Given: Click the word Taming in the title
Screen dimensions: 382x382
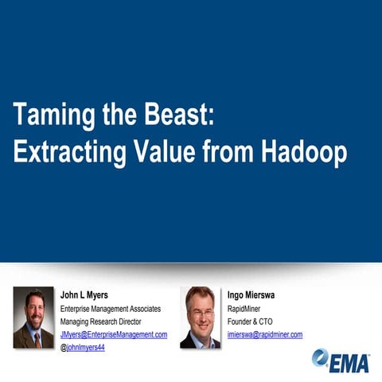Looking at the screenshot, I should [49, 116].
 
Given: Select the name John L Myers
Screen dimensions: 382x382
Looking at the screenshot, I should [84, 294].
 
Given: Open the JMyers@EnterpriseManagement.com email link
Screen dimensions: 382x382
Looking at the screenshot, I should [114, 335].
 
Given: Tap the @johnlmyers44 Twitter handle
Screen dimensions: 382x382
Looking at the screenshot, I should [83, 348].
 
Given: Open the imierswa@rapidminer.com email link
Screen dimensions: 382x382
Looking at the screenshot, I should [265, 335].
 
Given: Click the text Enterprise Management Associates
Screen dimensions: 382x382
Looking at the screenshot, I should [111, 308].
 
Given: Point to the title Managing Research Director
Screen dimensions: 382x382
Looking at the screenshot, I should [101, 322].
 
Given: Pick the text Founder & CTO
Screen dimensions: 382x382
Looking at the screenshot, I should [250, 322].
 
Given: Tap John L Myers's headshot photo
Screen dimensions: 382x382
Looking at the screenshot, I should [33, 318].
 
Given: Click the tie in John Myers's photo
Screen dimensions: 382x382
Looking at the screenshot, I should [37, 339].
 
